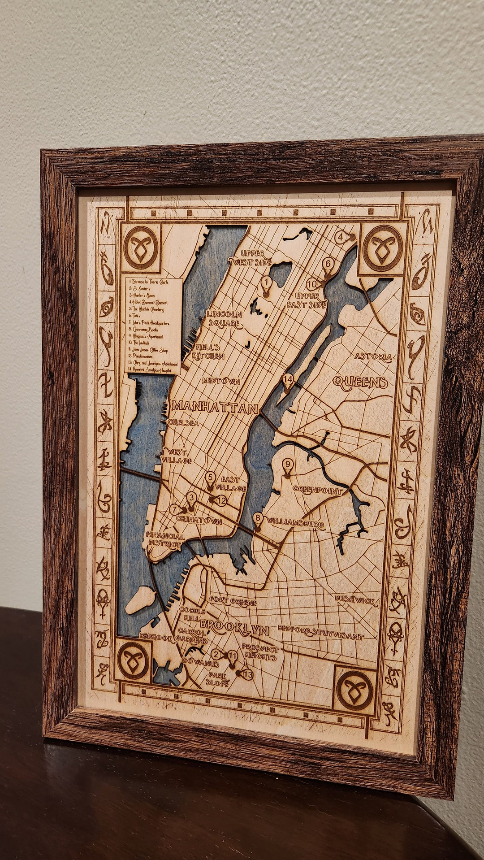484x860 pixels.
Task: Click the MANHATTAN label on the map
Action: tap(215, 407)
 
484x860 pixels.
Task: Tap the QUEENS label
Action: tap(360, 382)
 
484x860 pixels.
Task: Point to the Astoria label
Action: tap(373, 357)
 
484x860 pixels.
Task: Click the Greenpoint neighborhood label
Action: tap(317, 490)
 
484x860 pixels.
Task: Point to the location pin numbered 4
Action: tap(342, 237)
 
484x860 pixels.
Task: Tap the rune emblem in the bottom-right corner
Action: tap(354, 690)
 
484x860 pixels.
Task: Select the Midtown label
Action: tap(220, 382)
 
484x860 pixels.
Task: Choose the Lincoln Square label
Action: tap(224, 319)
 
